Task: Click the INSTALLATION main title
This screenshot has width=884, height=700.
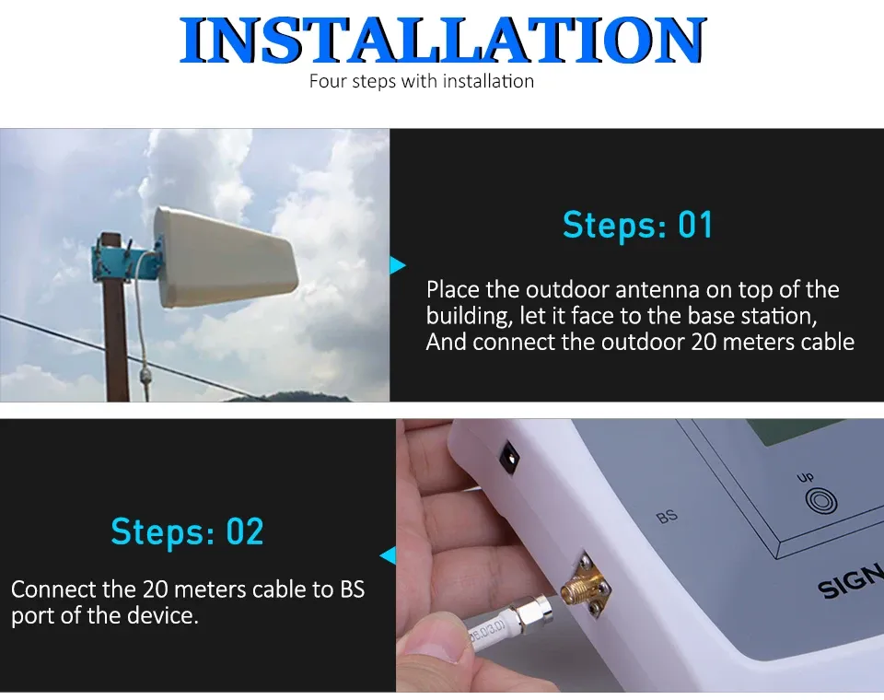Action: (443, 41)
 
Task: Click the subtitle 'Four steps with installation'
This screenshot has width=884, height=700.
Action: (421, 81)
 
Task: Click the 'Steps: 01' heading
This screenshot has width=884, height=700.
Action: (637, 225)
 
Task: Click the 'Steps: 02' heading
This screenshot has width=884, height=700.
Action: (187, 531)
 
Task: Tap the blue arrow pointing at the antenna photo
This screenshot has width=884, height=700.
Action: (398, 266)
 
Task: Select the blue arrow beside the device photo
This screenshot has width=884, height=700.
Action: (388, 555)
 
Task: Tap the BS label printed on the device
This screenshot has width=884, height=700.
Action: (667, 517)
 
